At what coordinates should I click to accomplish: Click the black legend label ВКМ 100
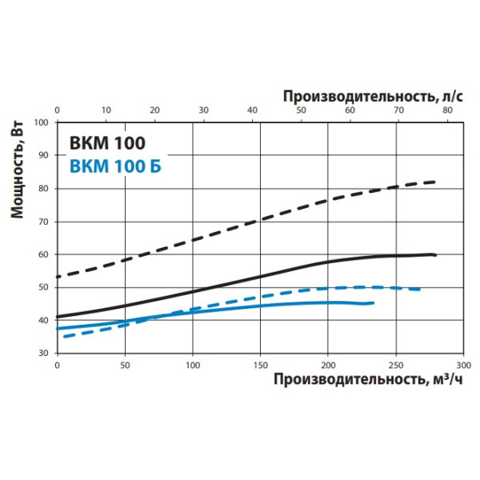(107, 145)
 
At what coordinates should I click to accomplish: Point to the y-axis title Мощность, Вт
(17, 175)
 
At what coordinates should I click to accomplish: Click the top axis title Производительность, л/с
(373, 95)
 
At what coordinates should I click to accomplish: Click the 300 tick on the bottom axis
(462, 364)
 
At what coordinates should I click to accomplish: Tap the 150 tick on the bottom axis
(259, 364)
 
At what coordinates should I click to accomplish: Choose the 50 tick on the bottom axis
(124, 364)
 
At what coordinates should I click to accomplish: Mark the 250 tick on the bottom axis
(394, 364)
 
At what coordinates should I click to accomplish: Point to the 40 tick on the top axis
(252, 110)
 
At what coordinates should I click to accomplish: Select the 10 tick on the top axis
(105, 110)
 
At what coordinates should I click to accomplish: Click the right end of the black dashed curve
(436, 182)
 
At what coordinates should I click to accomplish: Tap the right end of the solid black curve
(436, 255)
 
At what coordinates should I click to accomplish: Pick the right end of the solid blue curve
(373, 302)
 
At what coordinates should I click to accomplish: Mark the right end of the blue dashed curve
(422, 289)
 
